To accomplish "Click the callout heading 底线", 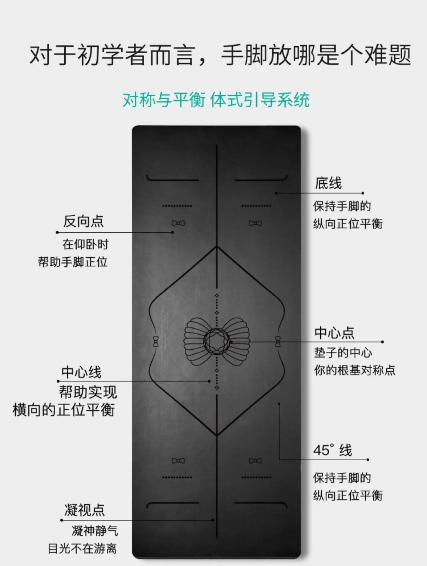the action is pos(328,183).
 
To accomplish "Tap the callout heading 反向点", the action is pos(83,221).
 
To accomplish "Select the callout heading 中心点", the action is pos(334,333).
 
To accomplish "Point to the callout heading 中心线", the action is pos(81,372).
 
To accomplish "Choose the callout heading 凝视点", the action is pos(85,510).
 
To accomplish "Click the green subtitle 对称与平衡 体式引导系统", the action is pos(216,100).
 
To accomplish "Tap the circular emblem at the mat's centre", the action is pos(217,341).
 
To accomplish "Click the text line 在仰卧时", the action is pos(85,244).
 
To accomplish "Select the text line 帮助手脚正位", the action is pos(73,262).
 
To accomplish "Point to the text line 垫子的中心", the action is pos(343,353).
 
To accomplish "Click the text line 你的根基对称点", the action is pos(355,370).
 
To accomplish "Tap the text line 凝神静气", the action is pos(95,531).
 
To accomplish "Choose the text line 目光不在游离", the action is pos(82,549).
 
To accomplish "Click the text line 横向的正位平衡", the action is pos(63,410).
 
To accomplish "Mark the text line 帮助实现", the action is pos(88,392).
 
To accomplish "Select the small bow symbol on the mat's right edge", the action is pos(278,341).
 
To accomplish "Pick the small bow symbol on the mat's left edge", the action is pos(156,341).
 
